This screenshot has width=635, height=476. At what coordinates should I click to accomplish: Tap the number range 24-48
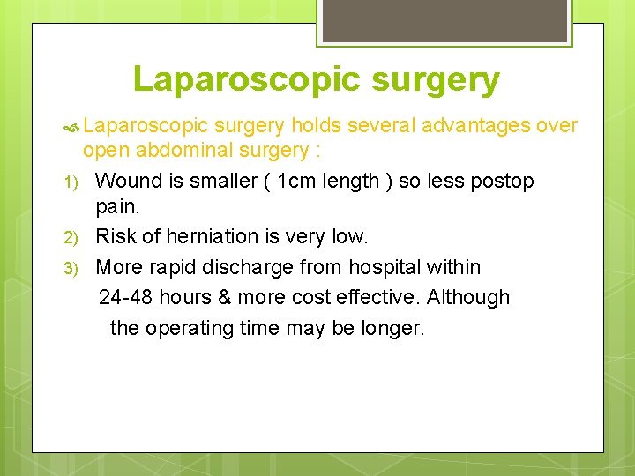(x=128, y=297)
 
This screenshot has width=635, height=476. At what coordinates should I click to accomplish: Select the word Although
(x=468, y=297)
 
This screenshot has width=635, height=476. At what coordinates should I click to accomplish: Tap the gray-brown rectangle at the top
(x=444, y=20)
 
